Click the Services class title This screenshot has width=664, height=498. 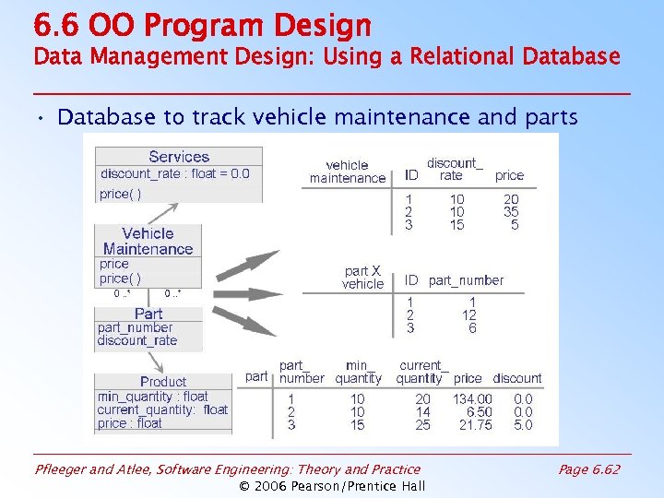point(179,157)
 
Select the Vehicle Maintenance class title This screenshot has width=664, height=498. point(148,241)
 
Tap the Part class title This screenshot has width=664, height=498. point(148,314)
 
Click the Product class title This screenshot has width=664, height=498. point(163,381)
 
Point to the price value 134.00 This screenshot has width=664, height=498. point(472,398)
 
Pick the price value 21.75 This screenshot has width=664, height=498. point(476,425)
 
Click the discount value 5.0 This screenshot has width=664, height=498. point(523,425)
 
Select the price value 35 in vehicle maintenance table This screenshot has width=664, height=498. point(511,212)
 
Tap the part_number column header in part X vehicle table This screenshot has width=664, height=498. point(466,280)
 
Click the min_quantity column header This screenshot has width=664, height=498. point(358,372)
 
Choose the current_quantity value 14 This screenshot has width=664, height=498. point(422,412)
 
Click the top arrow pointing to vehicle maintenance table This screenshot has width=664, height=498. point(248,264)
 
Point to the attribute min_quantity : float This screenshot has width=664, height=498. point(153,397)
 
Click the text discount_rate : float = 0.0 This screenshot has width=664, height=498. point(175,173)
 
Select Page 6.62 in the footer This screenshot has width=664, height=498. point(589,469)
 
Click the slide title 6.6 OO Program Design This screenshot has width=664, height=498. point(202,25)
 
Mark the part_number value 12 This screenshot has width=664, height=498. point(469,314)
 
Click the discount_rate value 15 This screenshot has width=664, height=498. point(456,225)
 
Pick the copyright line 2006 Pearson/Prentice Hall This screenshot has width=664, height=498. point(332,486)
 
